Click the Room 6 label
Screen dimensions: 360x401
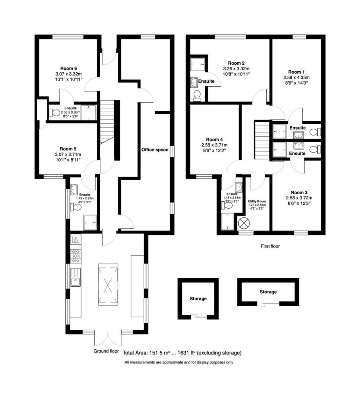(69, 68)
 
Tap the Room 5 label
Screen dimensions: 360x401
(68, 149)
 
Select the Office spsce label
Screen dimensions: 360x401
(155, 150)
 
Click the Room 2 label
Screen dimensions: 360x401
(236, 63)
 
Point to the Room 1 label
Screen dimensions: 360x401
(296, 72)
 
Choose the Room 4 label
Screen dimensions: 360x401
(214, 139)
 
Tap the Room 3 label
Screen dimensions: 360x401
(299, 192)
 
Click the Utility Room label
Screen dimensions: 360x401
(257, 201)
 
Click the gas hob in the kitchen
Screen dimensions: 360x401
(76, 256)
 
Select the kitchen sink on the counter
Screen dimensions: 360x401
(76, 277)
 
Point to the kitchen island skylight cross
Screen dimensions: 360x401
(108, 284)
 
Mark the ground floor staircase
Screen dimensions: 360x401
(107, 122)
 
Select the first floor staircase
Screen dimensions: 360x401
(262, 140)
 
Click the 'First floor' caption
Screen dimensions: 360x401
(270, 246)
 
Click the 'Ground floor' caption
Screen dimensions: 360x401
(106, 351)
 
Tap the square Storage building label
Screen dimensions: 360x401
(198, 298)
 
